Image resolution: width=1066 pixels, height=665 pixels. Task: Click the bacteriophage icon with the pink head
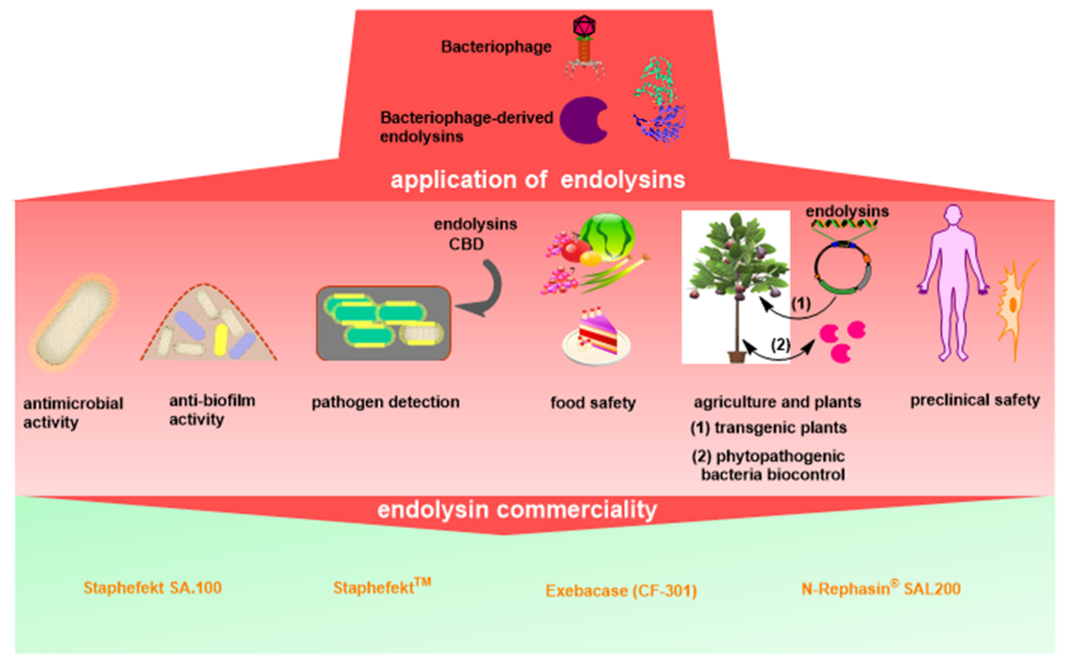[x=585, y=48]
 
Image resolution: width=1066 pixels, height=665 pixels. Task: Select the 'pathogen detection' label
[x=385, y=402]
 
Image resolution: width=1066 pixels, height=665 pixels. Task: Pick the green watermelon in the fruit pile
[x=607, y=237]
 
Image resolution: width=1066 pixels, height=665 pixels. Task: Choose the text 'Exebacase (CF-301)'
[x=621, y=591]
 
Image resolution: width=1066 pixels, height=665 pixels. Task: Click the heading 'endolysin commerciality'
[x=517, y=510]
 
